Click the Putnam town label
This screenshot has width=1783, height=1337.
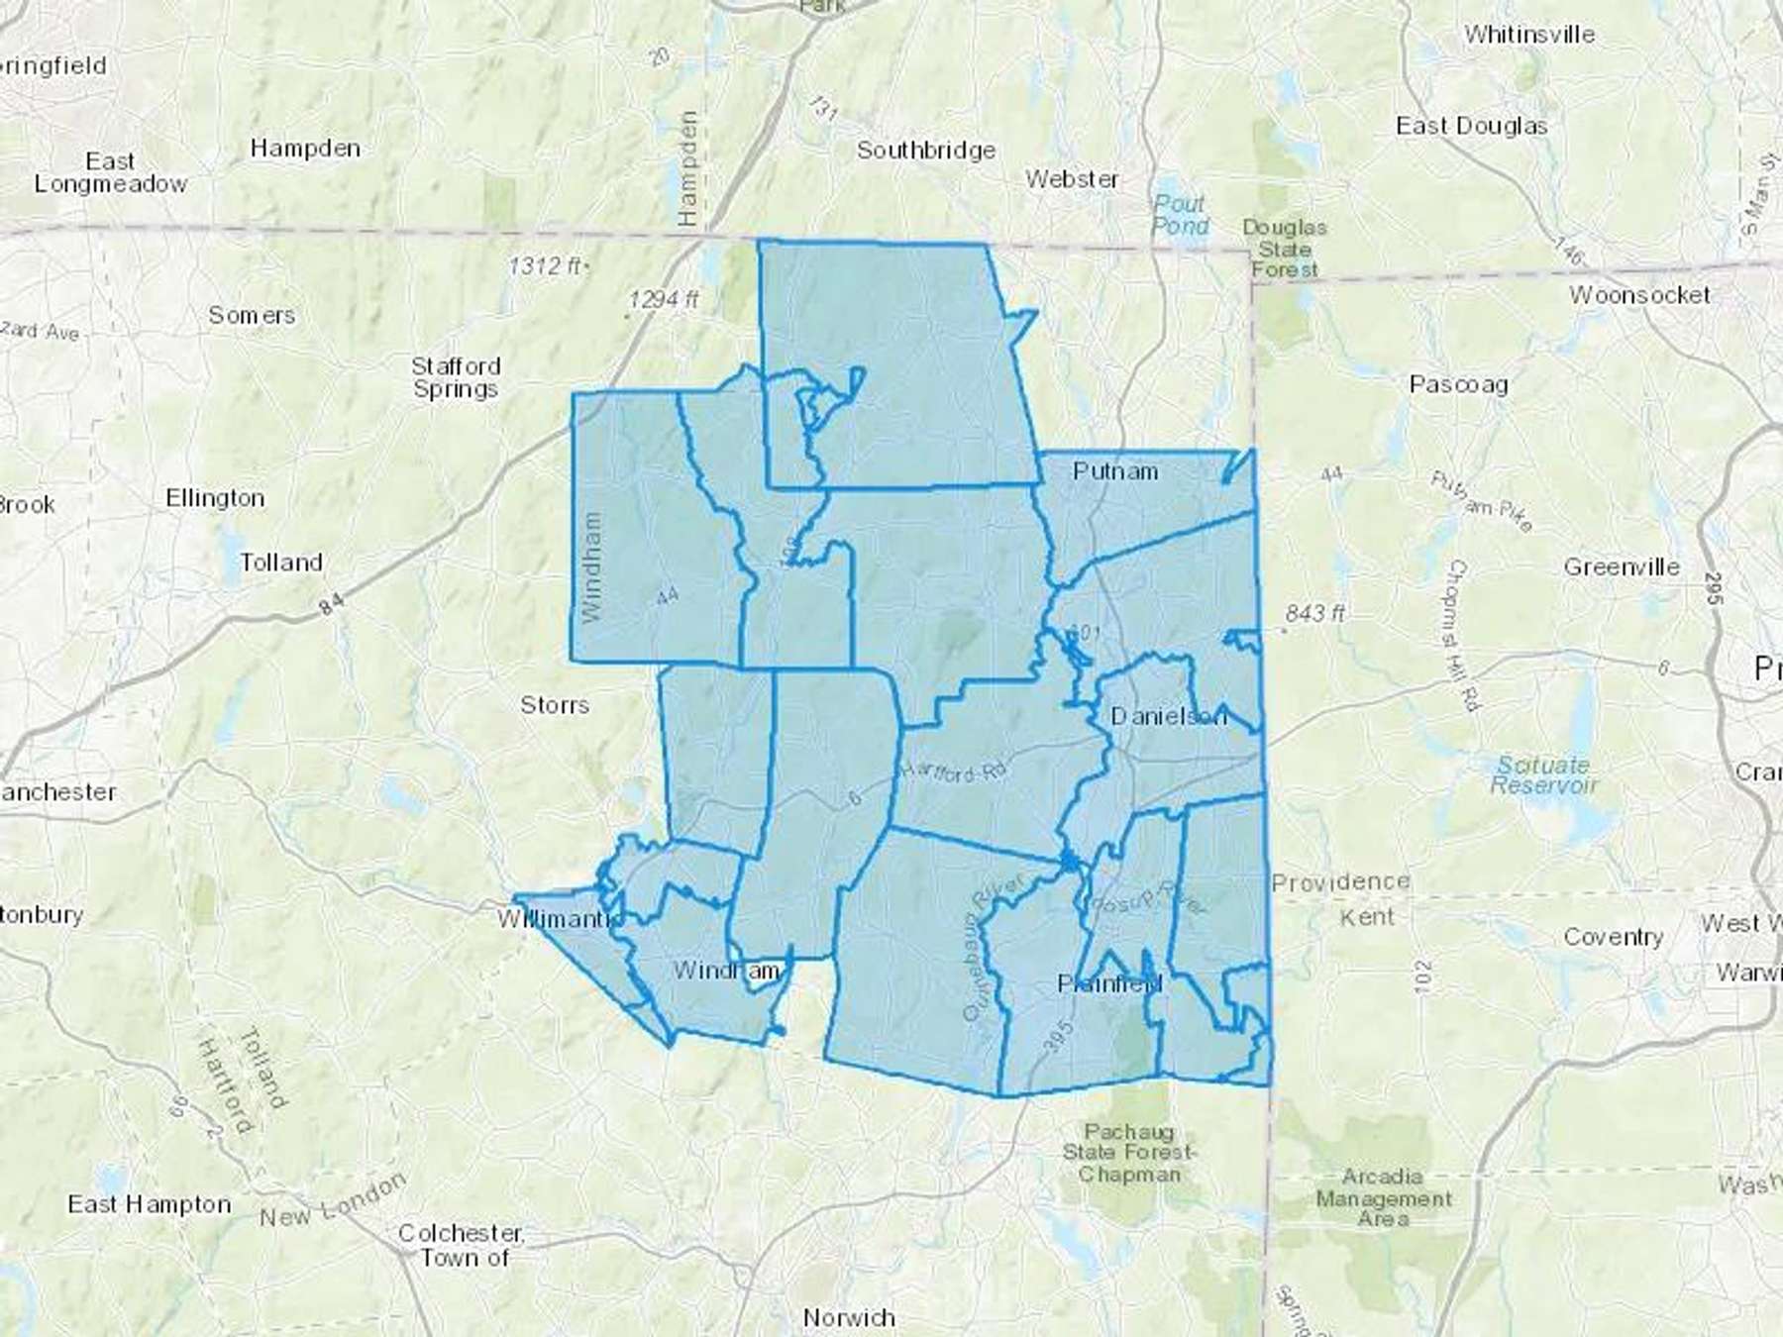pyautogui.click(x=1115, y=471)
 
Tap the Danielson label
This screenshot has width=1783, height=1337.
pyautogui.click(x=1168, y=716)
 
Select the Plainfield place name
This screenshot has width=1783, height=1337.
pyautogui.click(x=1109, y=983)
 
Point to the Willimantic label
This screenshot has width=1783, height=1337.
pyautogui.click(x=561, y=919)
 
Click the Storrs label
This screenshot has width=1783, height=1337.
pyautogui.click(x=555, y=705)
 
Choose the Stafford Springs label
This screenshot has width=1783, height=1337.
pyautogui.click(x=456, y=377)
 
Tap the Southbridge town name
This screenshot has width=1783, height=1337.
pyautogui.click(x=926, y=151)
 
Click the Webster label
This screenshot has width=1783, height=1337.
pyautogui.click(x=1072, y=179)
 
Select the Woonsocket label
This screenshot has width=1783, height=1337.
pyautogui.click(x=1639, y=295)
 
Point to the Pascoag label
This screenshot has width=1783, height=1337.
pyautogui.click(x=1458, y=384)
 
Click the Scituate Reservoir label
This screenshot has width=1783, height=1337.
pyautogui.click(x=1543, y=775)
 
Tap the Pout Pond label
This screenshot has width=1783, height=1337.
pyautogui.click(x=1180, y=215)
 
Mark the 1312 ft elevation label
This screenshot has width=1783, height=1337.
pyautogui.click(x=546, y=265)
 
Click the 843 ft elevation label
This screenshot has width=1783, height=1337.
pyautogui.click(x=1314, y=614)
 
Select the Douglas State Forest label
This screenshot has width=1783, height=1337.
pyautogui.click(x=1285, y=248)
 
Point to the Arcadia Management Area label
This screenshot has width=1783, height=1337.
pyautogui.click(x=1383, y=1197)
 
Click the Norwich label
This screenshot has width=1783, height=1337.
pyautogui.click(x=849, y=1318)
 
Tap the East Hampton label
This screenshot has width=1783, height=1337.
pyautogui.click(x=149, y=1204)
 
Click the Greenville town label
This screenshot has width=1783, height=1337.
pyautogui.click(x=1622, y=567)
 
